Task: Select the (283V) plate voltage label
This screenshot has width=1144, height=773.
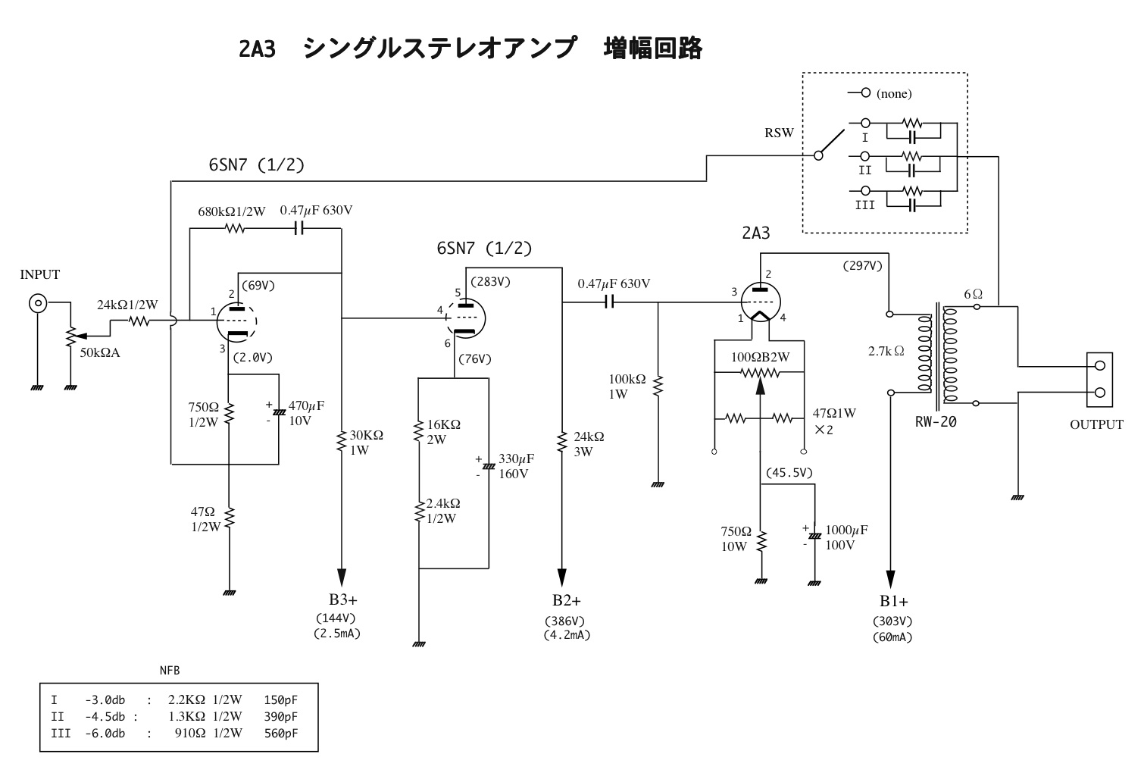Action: click(490, 282)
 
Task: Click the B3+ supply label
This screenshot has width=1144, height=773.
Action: click(343, 600)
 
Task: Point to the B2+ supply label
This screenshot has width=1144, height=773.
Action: click(567, 601)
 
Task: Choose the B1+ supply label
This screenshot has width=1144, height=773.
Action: click(894, 601)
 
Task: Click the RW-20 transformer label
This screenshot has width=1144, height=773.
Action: click(936, 422)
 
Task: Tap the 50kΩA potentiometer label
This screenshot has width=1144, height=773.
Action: click(100, 352)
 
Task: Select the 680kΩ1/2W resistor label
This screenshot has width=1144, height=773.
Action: click(232, 211)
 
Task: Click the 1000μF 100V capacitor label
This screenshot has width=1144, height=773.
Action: click(846, 537)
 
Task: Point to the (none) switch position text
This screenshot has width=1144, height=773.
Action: click(894, 94)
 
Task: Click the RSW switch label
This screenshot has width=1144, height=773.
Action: click(779, 133)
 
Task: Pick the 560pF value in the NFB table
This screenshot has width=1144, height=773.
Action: click(281, 733)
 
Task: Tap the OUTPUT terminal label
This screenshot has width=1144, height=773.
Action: click(1096, 424)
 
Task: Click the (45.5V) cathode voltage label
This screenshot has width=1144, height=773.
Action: click(789, 473)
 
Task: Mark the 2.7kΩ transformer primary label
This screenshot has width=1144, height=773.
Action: click(886, 351)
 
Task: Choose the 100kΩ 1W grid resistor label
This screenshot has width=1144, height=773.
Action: click(627, 386)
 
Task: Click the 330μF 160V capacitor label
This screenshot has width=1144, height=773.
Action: click(516, 467)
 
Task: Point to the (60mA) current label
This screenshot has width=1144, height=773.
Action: click(892, 637)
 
